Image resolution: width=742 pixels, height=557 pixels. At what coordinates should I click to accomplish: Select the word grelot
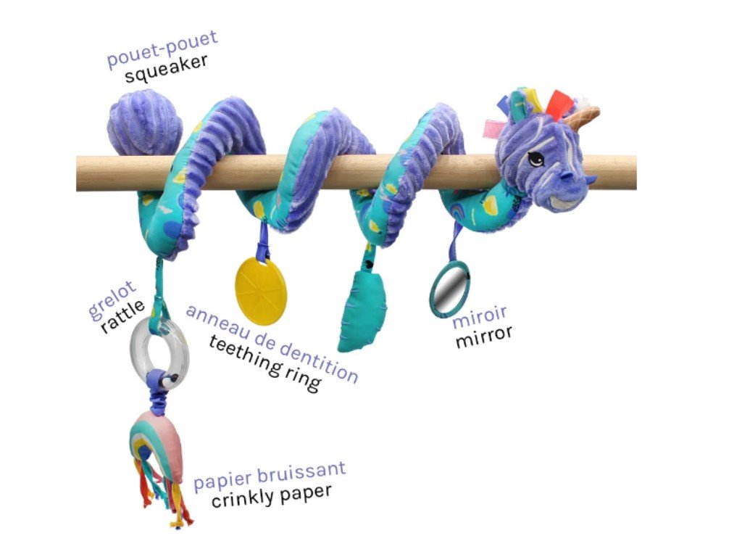click(106, 304)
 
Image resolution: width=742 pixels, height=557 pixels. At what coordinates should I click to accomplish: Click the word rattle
click(123, 316)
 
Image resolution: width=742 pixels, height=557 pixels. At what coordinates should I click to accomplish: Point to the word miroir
click(480, 317)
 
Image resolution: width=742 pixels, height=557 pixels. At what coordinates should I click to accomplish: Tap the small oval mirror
click(450, 288)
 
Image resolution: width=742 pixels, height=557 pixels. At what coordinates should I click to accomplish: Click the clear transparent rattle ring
click(159, 349)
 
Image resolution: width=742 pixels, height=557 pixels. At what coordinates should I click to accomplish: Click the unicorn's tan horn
click(583, 115)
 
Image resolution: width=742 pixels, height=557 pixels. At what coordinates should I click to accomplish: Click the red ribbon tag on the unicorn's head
click(559, 104)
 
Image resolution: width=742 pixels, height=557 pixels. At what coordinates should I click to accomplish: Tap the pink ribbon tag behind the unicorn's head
click(495, 128)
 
